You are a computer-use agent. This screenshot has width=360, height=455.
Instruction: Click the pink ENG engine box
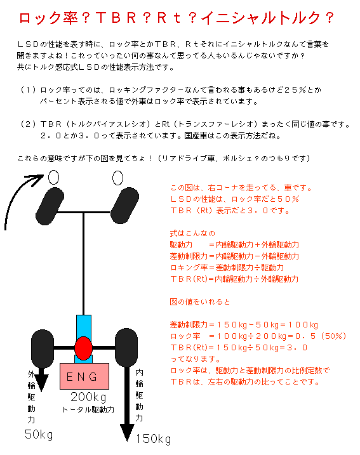(84, 376)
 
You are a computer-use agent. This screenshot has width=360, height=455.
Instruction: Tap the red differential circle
(83, 348)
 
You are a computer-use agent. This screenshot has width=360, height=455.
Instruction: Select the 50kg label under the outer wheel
(39, 435)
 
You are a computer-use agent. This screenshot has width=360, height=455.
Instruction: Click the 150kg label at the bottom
(153, 439)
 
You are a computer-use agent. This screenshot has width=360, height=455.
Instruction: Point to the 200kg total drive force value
(88, 397)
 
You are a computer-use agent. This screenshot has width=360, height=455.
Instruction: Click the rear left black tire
(43, 349)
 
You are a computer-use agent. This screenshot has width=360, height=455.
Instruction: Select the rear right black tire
(126, 348)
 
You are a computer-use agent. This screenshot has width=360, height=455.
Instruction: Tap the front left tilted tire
(50, 206)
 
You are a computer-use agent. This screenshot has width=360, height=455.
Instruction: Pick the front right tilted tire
(125, 206)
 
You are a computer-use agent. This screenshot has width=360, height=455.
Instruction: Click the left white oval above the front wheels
(53, 177)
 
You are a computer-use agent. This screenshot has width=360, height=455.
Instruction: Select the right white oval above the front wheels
(117, 178)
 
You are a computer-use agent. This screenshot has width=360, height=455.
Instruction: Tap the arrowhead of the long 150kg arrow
(127, 433)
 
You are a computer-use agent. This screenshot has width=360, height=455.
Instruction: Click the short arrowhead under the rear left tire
(42, 383)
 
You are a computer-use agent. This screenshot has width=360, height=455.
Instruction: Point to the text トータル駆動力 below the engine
(88, 410)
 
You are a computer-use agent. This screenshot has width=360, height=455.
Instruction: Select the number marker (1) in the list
(28, 90)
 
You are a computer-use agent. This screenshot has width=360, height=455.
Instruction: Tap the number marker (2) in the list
(28, 124)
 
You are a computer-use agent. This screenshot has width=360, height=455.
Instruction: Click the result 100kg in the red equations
(303, 325)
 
